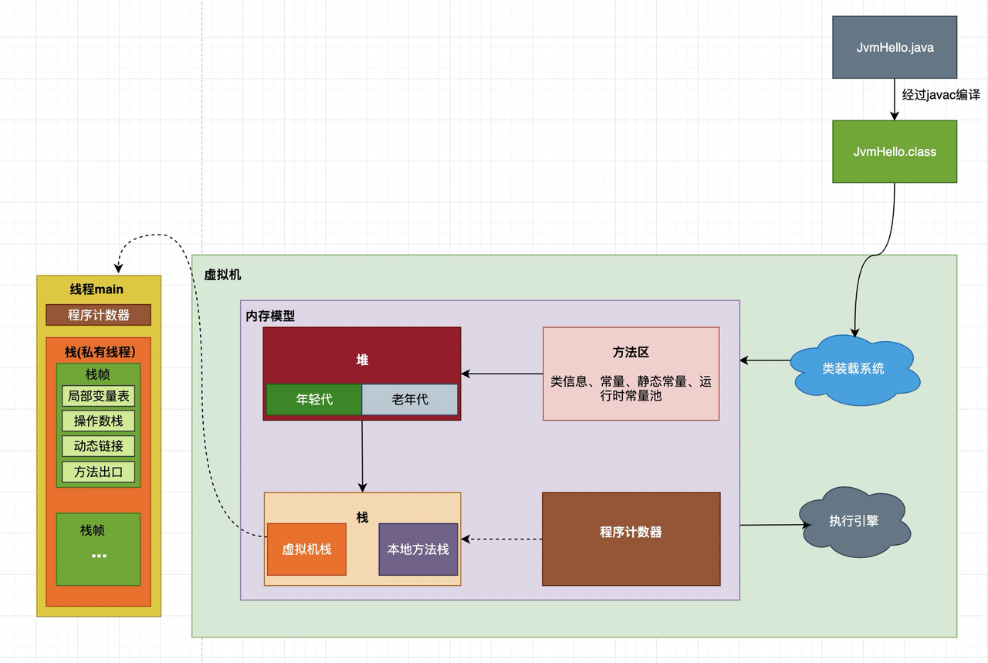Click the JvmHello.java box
(895, 47)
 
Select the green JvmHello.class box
(895, 151)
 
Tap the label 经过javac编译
(941, 95)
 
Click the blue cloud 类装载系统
(854, 369)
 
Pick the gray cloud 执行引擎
(854, 522)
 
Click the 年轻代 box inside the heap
(314, 399)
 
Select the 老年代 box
(410, 399)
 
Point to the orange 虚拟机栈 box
(306, 550)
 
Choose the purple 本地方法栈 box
(418, 550)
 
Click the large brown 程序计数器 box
(631, 539)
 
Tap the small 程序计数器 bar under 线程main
(98, 315)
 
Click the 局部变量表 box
(98, 396)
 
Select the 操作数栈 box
(98, 421)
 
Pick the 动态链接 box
(98, 446)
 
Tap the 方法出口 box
(98, 472)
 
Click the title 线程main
(96, 289)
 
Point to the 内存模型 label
(270, 316)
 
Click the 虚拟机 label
(222, 275)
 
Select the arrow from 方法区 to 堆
(502, 374)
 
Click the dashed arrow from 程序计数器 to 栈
(502, 539)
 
